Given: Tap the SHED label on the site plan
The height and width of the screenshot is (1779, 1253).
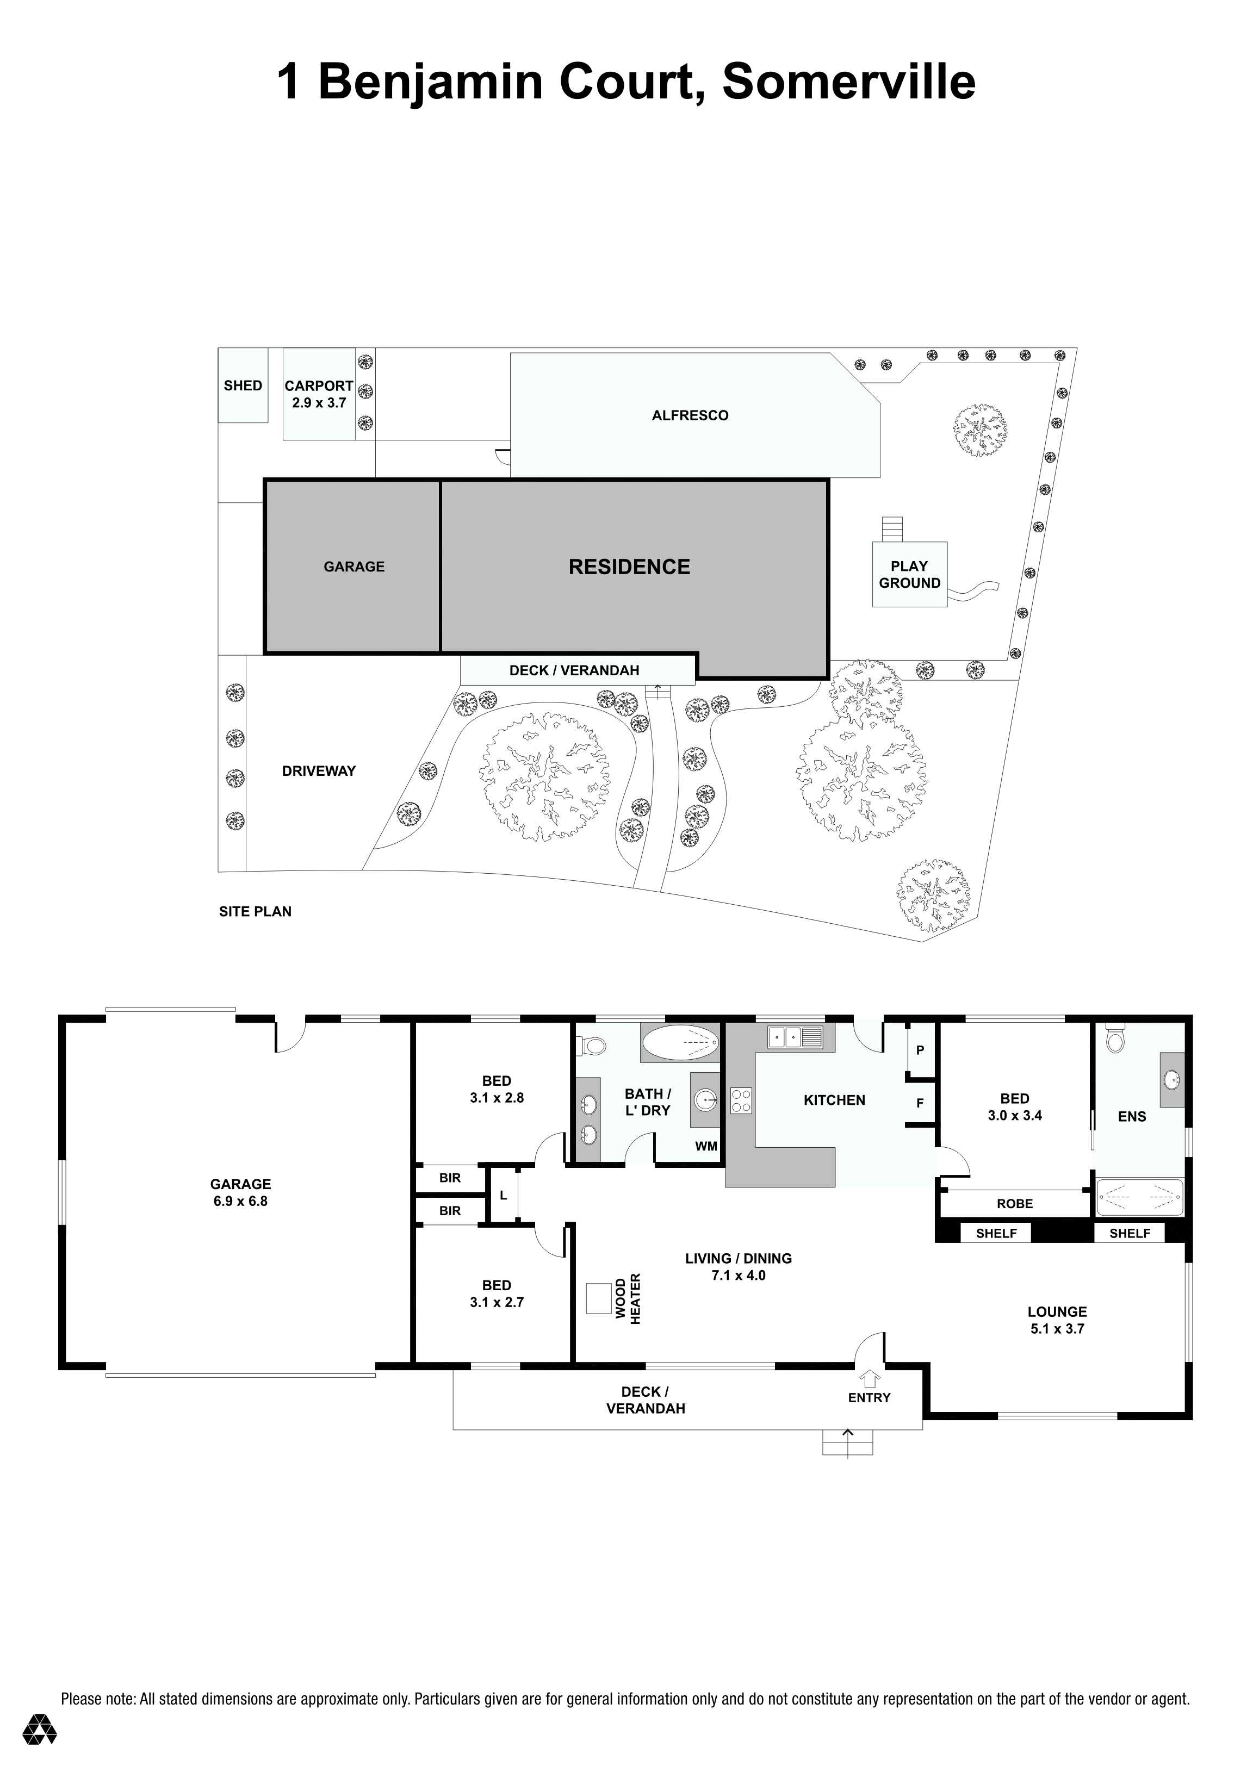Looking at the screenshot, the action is click(x=243, y=386).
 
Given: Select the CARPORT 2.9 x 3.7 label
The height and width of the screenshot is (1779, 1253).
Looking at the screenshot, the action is click(x=319, y=394).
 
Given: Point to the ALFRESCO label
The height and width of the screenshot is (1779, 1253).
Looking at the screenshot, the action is click(x=690, y=415).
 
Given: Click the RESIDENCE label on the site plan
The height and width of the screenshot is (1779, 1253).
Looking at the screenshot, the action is click(x=629, y=567).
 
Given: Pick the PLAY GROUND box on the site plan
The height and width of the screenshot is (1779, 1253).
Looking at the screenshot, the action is click(x=910, y=574).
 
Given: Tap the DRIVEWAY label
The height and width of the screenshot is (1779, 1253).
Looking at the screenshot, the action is click(x=319, y=771).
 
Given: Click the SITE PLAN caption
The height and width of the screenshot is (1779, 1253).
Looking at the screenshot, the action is click(x=255, y=911).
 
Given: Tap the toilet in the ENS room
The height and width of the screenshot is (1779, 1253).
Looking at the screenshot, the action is click(x=1115, y=1037).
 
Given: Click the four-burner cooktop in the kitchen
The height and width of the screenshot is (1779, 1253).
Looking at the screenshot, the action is click(x=741, y=1101).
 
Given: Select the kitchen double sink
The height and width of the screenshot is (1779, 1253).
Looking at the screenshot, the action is click(x=795, y=1036).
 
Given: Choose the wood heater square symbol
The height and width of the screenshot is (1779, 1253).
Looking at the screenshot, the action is click(x=598, y=1298).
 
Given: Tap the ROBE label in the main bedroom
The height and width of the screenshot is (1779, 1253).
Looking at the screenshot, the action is click(x=1014, y=1204).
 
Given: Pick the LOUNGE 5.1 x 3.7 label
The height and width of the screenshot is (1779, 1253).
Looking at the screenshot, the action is click(x=1057, y=1320).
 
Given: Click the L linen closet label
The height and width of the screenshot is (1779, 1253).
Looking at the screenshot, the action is click(x=503, y=1196).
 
